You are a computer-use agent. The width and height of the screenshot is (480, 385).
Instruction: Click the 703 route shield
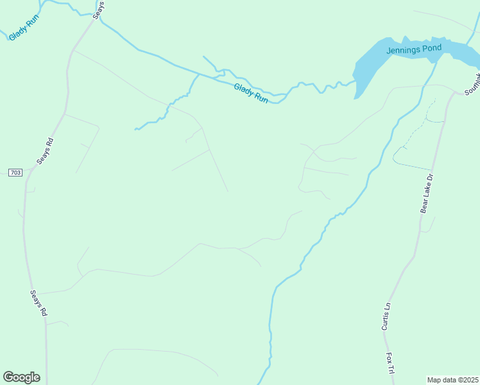15,173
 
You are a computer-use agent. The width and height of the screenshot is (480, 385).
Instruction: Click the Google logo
21,377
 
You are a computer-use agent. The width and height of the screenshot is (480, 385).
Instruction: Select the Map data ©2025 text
452,379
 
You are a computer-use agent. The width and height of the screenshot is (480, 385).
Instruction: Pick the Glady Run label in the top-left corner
24,28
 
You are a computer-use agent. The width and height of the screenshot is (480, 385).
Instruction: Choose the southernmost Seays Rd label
39,303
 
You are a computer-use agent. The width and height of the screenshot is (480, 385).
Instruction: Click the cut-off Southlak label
472,83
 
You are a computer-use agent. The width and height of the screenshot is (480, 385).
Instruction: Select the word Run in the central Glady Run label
260,98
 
